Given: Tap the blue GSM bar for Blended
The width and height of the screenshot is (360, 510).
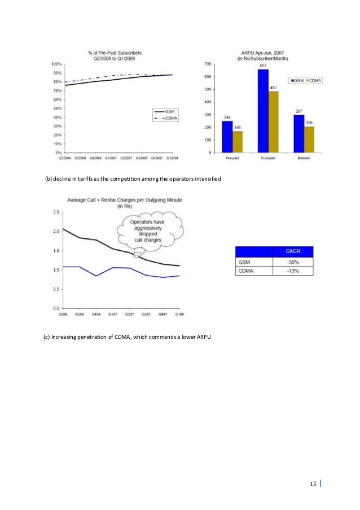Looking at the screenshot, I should pyautogui.click(x=299, y=133).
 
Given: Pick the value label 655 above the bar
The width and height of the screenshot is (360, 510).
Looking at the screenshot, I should pyautogui.click(x=264, y=66).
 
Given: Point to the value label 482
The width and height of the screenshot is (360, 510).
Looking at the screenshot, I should pyautogui.click(x=273, y=88).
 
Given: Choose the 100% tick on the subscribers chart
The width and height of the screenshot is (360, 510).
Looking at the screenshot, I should pyautogui.click(x=56, y=64).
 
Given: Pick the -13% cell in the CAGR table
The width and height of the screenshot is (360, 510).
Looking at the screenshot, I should pyautogui.click(x=293, y=271).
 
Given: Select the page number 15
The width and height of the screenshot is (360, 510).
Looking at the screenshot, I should pyautogui.click(x=313, y=483).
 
